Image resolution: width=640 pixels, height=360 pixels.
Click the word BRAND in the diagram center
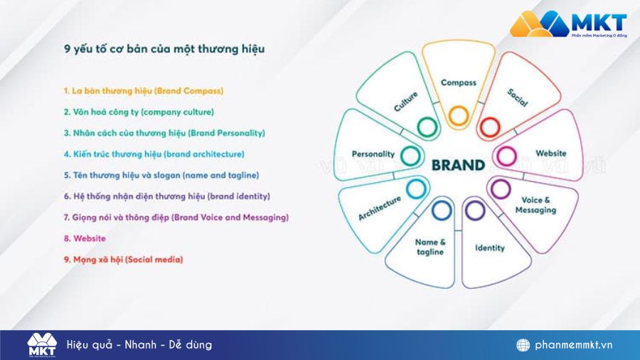point(458,165)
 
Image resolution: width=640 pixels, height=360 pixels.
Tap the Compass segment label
point(458,83)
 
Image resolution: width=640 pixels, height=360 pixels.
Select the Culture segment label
point(405,102)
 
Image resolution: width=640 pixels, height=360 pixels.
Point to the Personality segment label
point(373,154)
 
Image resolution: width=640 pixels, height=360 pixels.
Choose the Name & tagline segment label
point(430,247)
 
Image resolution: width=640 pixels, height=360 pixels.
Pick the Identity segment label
point(489,248)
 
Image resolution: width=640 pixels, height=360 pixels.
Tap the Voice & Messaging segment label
point(535,205)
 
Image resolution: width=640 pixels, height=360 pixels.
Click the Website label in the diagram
point(550,153)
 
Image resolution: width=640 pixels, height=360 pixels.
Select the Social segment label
point(518,97)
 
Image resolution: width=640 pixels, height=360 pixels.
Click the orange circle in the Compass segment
point(458,115)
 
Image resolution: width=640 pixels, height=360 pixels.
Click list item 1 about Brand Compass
point(143,91)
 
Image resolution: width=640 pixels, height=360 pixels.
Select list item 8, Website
point(85,238)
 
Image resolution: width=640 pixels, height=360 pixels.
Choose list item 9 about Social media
point(123,260)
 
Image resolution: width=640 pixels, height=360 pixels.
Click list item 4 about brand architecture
point(154,154)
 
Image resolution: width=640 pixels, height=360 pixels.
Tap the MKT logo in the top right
point(568,23)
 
